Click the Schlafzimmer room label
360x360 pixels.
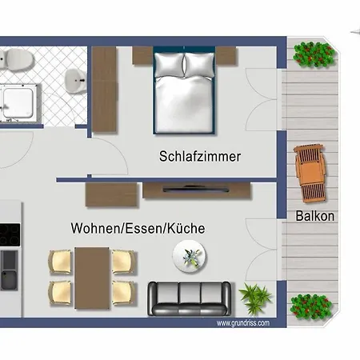point(200,157)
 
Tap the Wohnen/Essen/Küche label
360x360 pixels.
point(138,228)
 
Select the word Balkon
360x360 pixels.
point(315,216)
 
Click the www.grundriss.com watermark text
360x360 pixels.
point(243,323)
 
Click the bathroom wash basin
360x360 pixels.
point(75,81)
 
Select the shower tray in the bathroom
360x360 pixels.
point(18,103)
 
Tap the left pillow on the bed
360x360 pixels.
point(170,65)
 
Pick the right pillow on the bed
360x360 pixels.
point(199,65)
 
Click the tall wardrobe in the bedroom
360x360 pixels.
point(104,90)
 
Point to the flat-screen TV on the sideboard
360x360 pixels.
point(196,190)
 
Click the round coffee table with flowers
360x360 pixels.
point(190,256)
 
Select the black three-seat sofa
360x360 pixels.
point(190,298)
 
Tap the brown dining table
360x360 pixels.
point(92,278)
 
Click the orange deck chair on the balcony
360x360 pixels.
point(310,174)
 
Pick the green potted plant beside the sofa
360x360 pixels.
point(255,298)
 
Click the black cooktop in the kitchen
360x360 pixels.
point(10,235)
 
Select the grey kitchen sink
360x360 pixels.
point(9,270)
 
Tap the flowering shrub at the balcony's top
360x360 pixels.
point(314,54)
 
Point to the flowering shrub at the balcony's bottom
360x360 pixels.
point(311,306)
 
